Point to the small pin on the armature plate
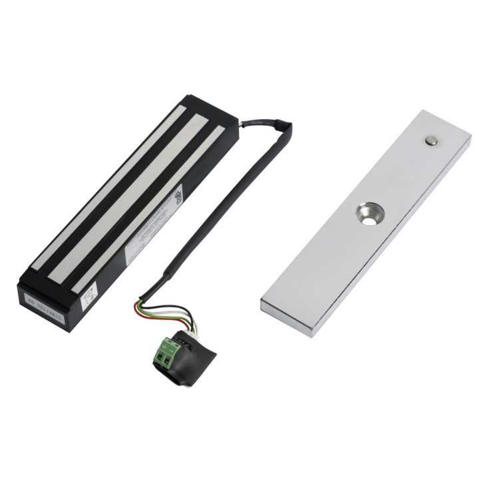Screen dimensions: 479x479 (432, 140)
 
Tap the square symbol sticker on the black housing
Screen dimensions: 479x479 (89, 295)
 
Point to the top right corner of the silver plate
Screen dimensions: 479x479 (470, 138)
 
